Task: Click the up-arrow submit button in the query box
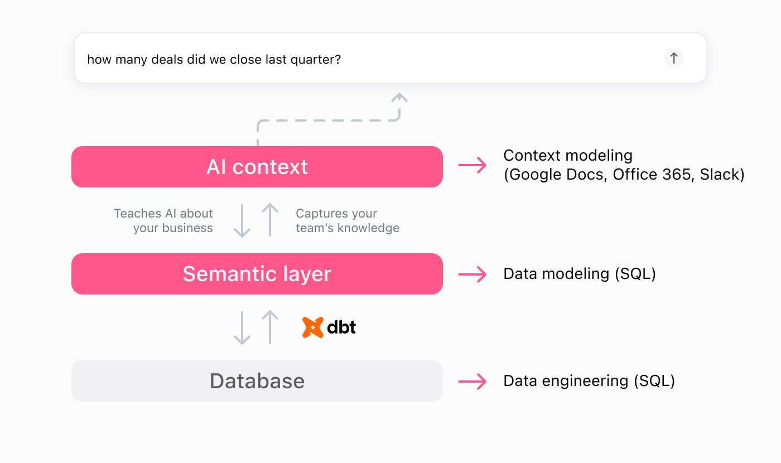pos(673,58)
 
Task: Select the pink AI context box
pos(257,167)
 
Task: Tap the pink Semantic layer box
pos(257,274)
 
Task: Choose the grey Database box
pos(257,381)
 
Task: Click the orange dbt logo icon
pos(313,327)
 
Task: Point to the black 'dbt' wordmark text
pos(341,327)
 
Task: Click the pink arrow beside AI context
pos(473,166)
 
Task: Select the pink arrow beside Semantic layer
pos(473,274)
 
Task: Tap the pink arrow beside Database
pos(473,382)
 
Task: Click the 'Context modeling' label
pos(568,156)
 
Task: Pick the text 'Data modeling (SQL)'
pos(580,274)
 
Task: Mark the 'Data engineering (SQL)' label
pos(589,381)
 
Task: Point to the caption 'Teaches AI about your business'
pos(163,221)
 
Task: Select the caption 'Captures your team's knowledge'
pos(348,221)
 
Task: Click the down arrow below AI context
pos(242,221)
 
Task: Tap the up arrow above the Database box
pos(270,327)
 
